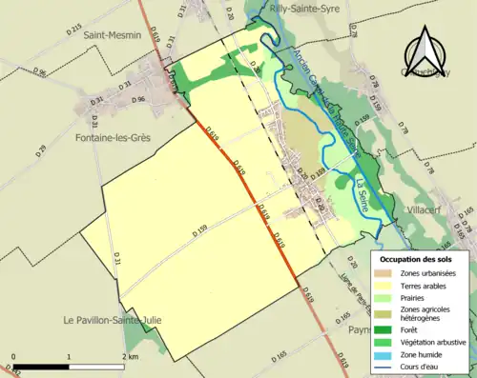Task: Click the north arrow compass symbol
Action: [428, 51]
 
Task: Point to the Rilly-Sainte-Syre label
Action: [306, 7]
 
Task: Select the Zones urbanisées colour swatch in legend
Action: [385, 272]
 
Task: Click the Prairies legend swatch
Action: [385, 296]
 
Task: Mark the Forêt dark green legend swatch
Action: [385, 327]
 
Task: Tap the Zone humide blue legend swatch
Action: [385, 351]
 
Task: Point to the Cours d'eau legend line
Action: [385, 364]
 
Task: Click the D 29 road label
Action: [40, 150]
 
